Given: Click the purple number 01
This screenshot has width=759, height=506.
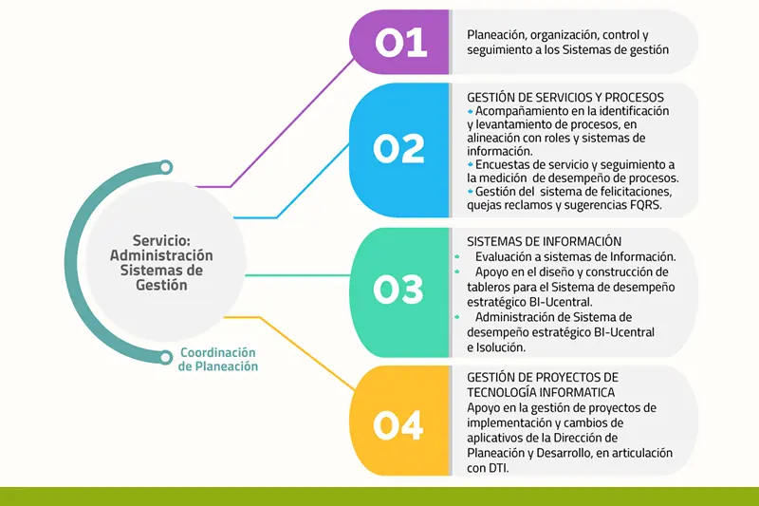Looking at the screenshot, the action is click(x=400, y=42).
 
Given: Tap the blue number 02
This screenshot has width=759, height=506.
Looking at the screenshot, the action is click(x=398, y=148).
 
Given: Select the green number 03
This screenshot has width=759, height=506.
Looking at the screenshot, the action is click(x=398, y=290).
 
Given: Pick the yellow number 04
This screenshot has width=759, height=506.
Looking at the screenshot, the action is click(x=398, y=425).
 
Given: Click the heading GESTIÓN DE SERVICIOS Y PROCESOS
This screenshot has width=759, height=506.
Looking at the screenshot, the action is click(x=565, y=98).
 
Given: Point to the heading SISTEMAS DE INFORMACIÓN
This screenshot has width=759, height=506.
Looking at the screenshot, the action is click(x=544, y=241).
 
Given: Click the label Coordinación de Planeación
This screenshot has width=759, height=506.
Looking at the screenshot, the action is click(x=218, y=359).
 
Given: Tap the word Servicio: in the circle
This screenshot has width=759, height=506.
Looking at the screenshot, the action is click(x=161, y=240).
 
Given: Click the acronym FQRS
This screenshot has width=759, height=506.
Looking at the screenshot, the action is click(x=646, y=205).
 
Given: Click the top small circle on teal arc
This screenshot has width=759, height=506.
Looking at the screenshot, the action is click(x=165, y=167).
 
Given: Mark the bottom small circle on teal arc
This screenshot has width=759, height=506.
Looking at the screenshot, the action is click(x=165, y=358).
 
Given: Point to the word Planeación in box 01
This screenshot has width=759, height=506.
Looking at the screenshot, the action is click(x=496, y=35).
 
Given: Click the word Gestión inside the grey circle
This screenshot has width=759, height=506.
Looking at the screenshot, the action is click(x=161, y=285).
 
